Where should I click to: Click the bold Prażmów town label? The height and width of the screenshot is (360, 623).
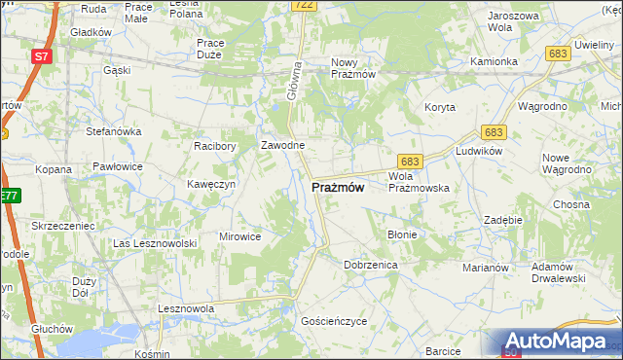(x=338, y=188)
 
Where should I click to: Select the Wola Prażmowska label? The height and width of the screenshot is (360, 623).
(x=418, y=182)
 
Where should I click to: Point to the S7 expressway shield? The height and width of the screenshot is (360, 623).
(x=41, y=56)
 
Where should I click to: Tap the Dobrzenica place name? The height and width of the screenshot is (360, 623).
(x=369, y=264)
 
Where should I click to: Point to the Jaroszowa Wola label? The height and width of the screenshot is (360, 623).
(x=513, y=21)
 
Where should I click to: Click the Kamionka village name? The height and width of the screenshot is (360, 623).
(x=494, y=61)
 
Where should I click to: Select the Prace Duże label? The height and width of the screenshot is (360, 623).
(x=212, y=49)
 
